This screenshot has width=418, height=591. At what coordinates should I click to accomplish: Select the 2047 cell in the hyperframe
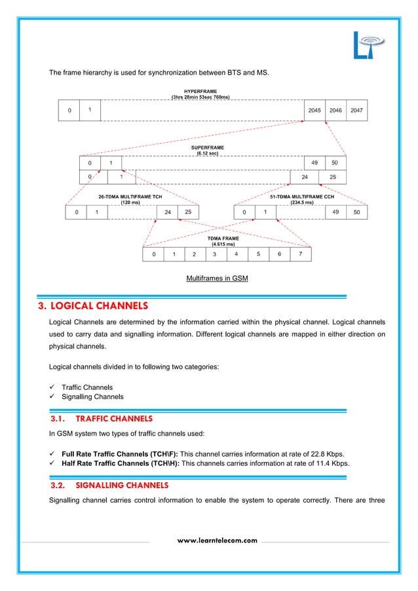[x=356, y=111]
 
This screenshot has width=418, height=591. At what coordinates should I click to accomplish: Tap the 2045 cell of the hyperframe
[x=314, y=111]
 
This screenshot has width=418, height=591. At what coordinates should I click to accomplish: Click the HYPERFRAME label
[x=200, y=92]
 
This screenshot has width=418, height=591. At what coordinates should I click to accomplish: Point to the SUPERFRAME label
[x=208, y=148]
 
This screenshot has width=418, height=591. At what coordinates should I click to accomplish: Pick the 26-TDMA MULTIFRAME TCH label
[x=130, y=196]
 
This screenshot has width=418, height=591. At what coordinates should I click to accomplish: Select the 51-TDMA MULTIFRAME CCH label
[x=301, y=196]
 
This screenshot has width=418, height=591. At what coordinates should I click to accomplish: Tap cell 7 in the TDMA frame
[x=300, y=254]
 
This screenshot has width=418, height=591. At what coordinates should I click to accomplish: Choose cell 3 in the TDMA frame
[x=215, y=254]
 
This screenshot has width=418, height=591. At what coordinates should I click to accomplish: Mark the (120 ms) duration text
[x=130, y=202]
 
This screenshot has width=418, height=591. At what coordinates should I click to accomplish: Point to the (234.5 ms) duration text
[x=301, y=202]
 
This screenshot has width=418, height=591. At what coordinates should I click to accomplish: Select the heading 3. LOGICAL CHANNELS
[x=98, y=306]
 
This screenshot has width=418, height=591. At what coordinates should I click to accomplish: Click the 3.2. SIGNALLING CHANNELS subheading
[x=109, y=486]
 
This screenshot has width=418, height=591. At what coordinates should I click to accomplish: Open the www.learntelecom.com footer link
[x=218, y=541]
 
